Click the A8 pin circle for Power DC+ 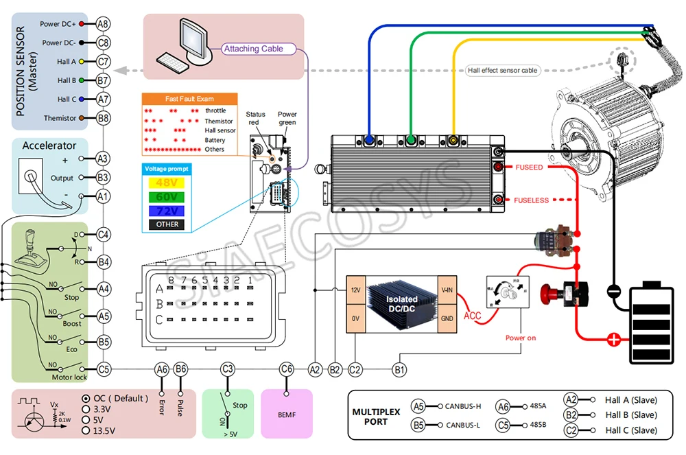103,23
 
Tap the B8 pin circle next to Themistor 103,118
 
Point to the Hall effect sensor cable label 502,70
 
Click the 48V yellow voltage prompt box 167,183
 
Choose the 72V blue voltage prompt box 167,211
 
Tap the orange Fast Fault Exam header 189,99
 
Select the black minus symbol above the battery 615,292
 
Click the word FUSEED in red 529,167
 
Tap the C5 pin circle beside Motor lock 103,369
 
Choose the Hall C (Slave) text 630,430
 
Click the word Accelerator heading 49,145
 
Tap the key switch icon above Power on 508,296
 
